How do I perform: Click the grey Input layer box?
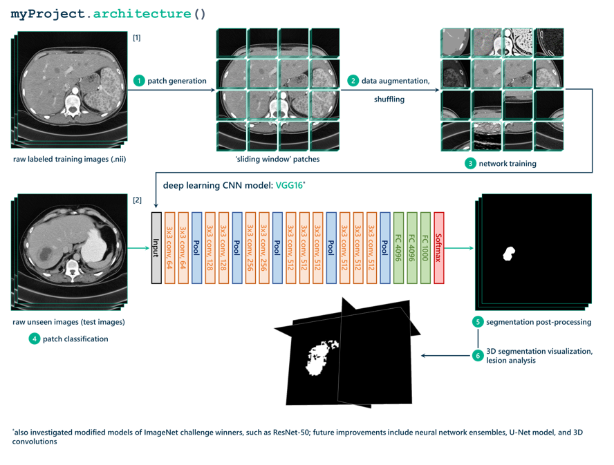(156, 248)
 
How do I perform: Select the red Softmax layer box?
(438, 248)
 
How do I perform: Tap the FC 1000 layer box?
(425, 248)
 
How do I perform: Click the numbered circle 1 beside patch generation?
(139, 81)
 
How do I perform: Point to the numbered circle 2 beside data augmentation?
(353, 81)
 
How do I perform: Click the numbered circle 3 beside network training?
(470, 164)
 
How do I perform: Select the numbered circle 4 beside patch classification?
(35, 339)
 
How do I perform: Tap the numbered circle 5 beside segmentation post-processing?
(478, 322)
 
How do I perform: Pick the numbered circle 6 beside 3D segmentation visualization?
(478, 355)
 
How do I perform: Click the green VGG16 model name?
(290, 185)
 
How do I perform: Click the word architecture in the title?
(142, 14)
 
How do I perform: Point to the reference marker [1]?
(137, 38)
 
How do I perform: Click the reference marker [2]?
(137, 200)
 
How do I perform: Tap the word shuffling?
(389, 99)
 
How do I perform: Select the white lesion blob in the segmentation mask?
(509, 254)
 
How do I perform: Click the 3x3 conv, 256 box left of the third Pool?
(263, 248)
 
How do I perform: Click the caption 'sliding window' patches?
(278, 159)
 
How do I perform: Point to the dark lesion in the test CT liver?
(46, 255)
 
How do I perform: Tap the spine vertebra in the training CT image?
(73, 104)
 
